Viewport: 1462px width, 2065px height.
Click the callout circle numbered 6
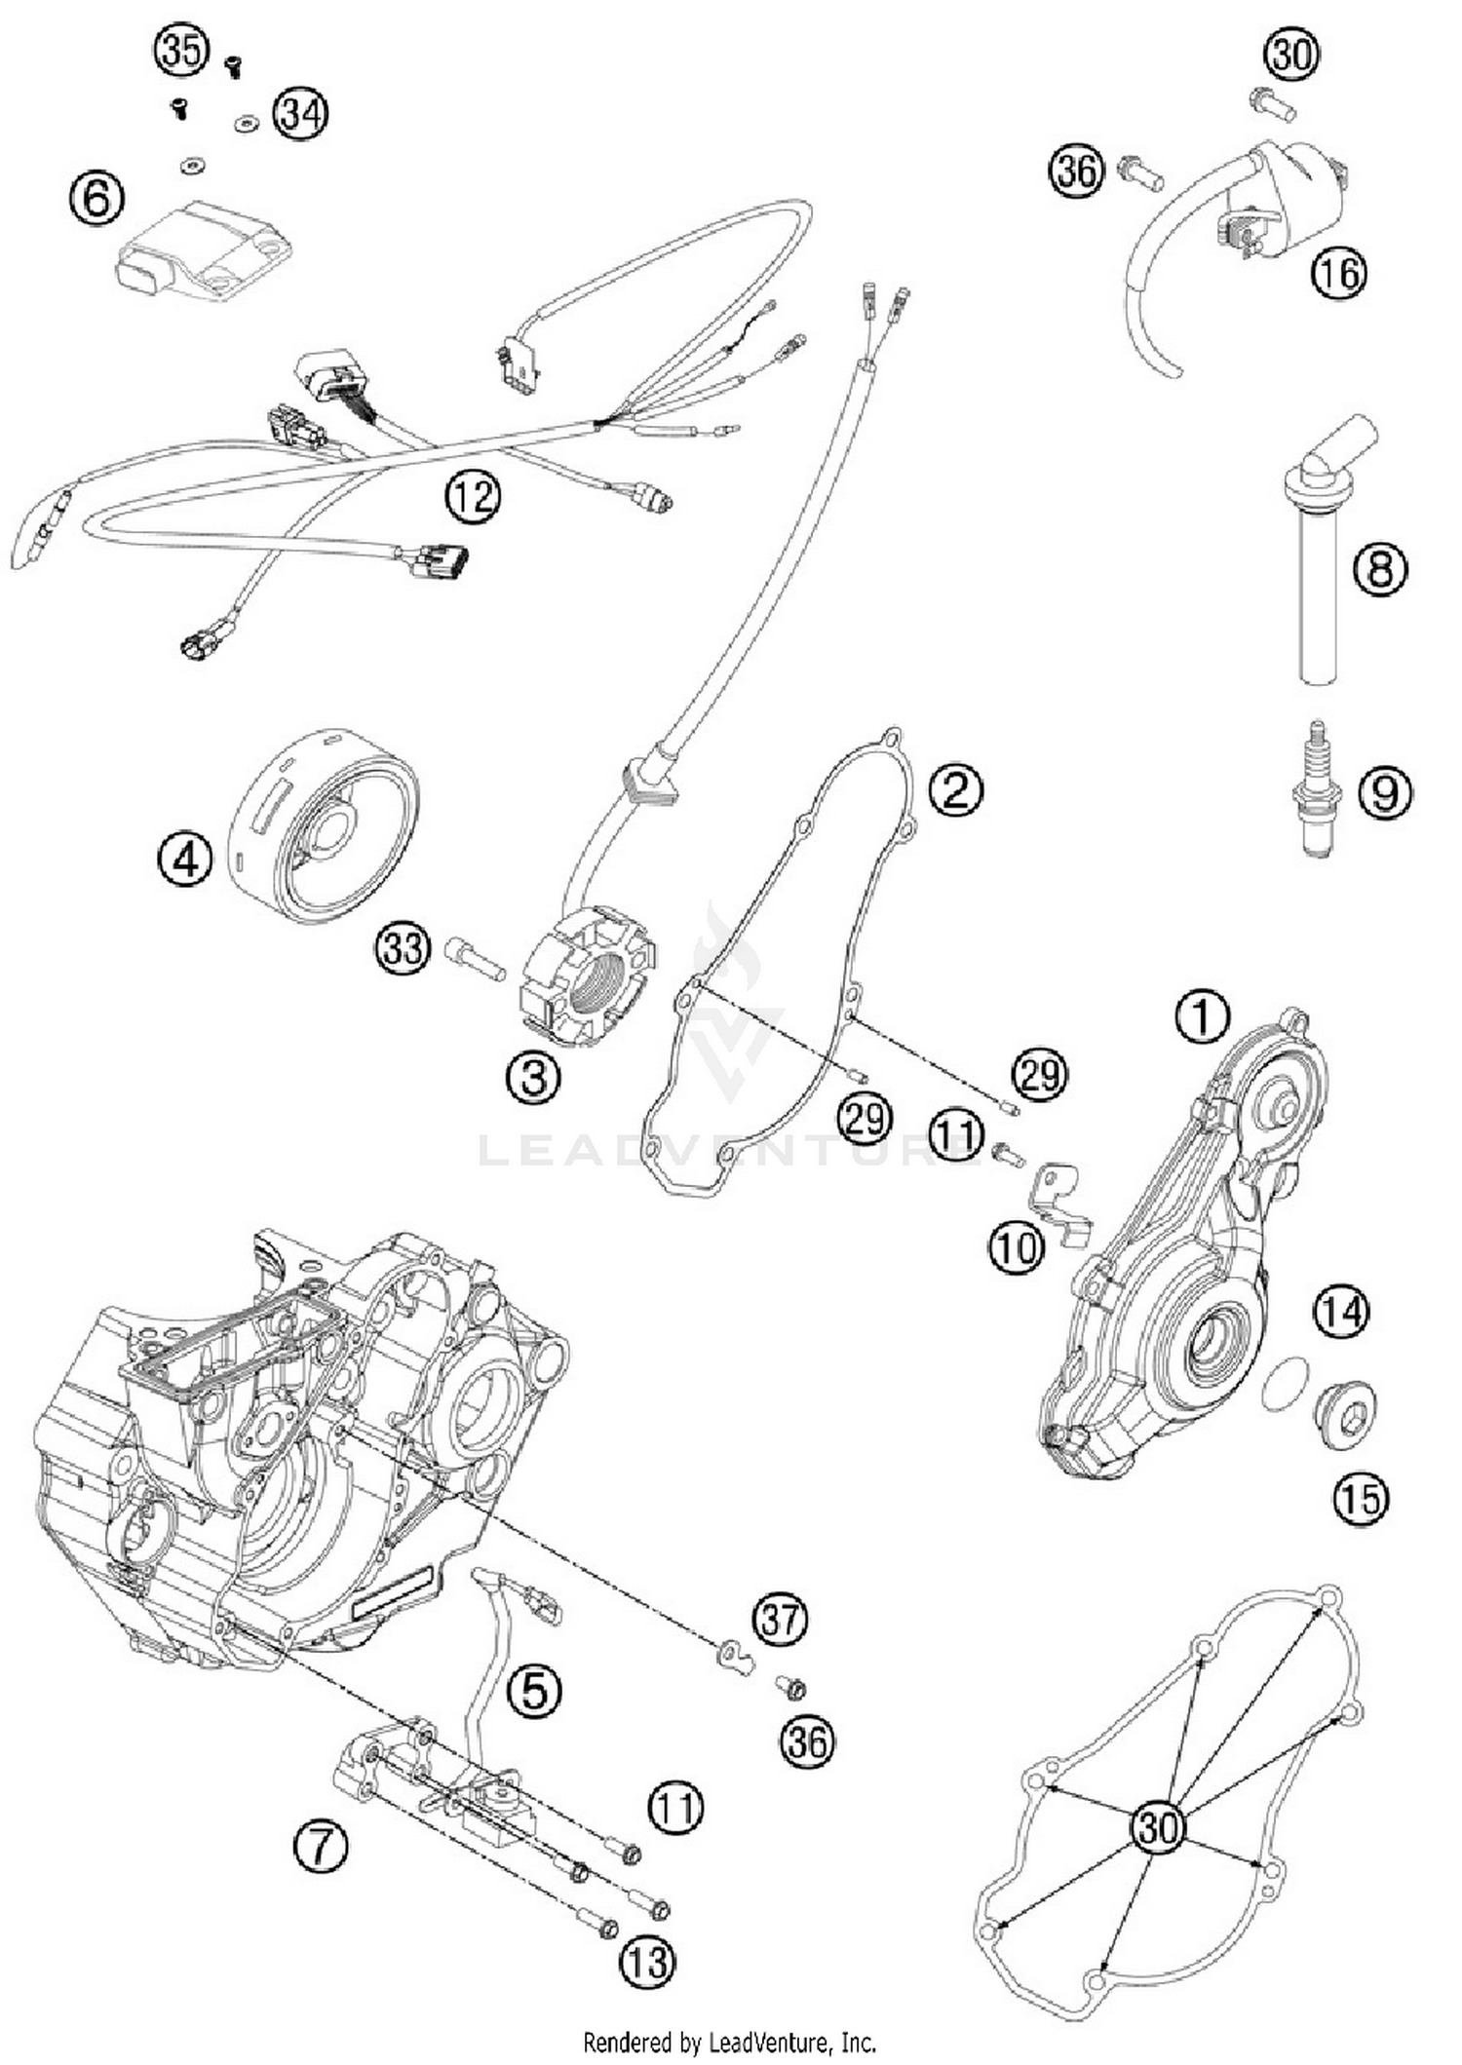point(97,200)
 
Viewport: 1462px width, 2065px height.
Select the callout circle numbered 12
point(473,497)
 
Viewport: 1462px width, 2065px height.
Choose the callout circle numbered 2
point(955,789)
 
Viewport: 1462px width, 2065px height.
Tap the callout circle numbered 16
point(1338,274)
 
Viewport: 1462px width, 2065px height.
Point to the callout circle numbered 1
point(1203,1017)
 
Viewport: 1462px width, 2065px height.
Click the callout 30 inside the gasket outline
point(1159,1826)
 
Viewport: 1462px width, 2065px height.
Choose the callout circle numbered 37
point(780,1621)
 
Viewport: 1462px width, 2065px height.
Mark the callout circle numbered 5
point(535,1690)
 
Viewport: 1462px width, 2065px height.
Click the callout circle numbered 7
point(321,1846)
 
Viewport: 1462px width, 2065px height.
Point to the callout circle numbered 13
point(647,1961)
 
